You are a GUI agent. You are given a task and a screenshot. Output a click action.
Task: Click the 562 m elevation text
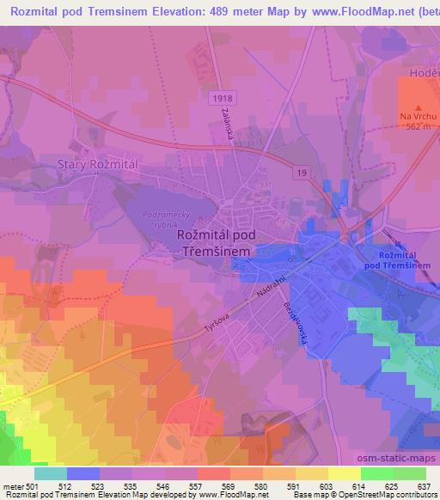(408, 126)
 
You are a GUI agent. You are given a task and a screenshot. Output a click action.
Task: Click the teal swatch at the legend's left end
(50, 473)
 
